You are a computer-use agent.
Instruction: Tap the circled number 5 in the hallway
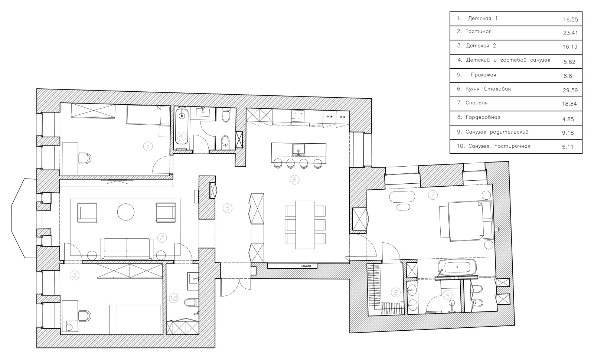click(228, 208)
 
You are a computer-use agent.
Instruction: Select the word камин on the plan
click(306, 266)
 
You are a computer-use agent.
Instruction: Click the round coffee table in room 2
click(126, 212)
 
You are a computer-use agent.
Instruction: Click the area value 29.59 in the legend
click(570, 90)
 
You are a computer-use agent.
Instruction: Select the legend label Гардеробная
click(483, 117)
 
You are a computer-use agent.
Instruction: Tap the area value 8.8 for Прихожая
click(568, 76)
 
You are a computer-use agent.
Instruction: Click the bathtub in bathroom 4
click(182, 129)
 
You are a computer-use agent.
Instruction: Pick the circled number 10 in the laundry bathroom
click(173, 298)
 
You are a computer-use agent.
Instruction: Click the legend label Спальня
click(477, 103)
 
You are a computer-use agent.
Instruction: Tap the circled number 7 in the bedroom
click(433, 195)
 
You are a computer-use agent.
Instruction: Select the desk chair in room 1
click(85, 158)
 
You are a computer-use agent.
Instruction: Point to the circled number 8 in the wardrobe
click(395, 293)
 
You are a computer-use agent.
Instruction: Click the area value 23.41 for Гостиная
click(570, 33)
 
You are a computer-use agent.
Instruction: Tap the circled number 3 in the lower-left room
click(74, 275)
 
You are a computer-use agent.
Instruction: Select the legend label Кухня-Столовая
click(488, 89)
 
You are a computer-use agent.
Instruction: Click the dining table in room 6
click(305, 225)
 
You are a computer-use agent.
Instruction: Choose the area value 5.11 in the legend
click(568, 147)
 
